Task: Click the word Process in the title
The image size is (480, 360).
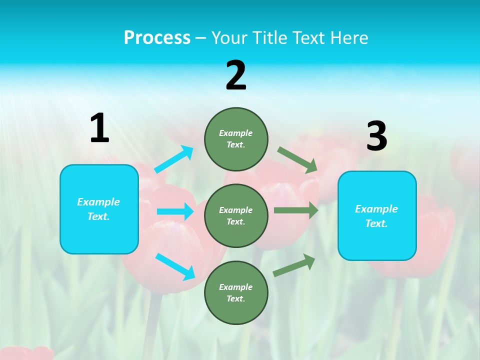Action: click(x=157, y=37)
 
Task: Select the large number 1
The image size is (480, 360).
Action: click(x=99, y=128)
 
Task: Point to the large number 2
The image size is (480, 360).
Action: click(x=236, y=76)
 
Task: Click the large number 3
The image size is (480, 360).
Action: click(x=376, y=136)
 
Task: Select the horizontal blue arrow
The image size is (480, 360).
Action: click(x=175, y=211)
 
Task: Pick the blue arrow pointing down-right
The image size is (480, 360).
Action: click(x=175, y=266)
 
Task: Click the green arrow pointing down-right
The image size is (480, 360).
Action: click(x=297, y=160)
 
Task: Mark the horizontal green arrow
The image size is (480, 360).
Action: click(x=296, y=210)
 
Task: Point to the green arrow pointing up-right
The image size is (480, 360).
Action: click(x=294, y=264)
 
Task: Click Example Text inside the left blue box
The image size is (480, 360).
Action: click(x=98, y=209)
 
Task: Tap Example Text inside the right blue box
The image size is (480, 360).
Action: click(x=376, y=216)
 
